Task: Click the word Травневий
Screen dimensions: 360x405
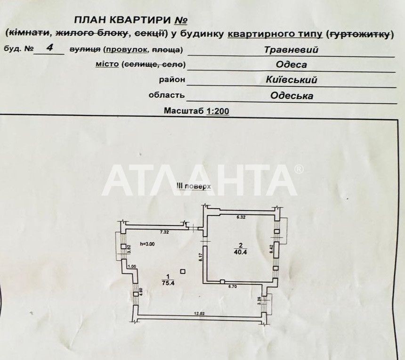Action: pyautogui.click(x=291, y=49)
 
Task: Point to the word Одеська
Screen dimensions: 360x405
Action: pyautogui.click(x=292, y=96)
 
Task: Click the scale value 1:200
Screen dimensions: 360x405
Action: pyautogui.click(x=217, y=111)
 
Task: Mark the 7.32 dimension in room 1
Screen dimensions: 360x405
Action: pyautogui.click(x=164, y=232)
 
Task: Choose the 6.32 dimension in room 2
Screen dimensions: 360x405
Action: pyautogui.click(x=241, y=217)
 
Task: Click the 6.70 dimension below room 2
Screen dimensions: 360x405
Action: pyautogui.click(x=235, y=286)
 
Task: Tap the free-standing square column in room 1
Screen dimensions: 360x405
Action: pyautogui.click(x=183, y=271)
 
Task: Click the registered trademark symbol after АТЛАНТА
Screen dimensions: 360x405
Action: pyautogui.click(x=299, y=169)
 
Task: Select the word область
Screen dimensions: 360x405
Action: pyautogui.click(x=166, y=95)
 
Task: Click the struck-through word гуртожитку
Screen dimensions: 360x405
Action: pyautogui.click(x=361, y=34)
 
